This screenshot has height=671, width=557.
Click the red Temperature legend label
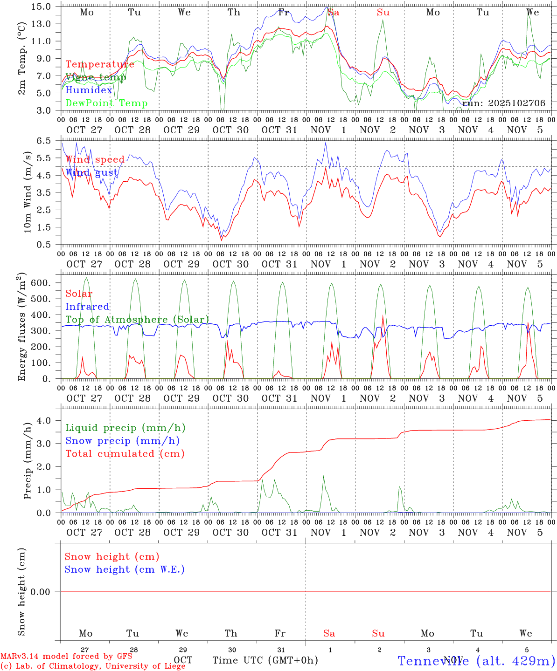click(99, 64)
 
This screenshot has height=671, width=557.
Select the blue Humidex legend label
click(89, 90)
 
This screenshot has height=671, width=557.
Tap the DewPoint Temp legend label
click(106, 103)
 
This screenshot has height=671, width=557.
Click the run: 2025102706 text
click(503, 103)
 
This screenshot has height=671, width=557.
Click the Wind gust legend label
click(91, 173)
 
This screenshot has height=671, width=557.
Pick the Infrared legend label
click(87, 307)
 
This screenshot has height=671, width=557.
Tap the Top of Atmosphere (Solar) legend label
click(137, 320)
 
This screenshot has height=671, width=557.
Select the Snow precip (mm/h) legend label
click(122, 441)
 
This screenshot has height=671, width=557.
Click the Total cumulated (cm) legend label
click(125, 454)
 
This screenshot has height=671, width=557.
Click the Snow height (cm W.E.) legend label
click(125, 569)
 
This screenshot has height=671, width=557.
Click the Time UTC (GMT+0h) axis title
click(265, 660)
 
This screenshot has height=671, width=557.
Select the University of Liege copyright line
click(93, 666)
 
